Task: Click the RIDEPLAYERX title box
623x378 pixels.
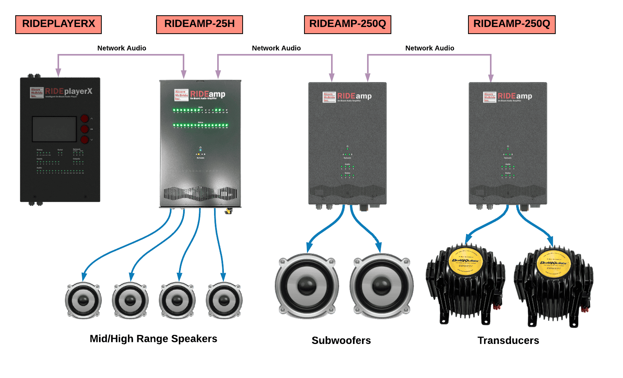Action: [58, 24]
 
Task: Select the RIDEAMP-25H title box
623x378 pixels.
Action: [199, 24]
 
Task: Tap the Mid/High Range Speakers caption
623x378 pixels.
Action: [153, 338]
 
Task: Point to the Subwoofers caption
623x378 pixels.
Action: [341, 340]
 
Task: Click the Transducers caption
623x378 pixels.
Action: [508, 340]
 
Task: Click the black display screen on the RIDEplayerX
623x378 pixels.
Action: [54, 129]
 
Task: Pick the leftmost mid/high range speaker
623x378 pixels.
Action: [83, 301]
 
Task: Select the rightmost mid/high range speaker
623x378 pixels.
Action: [224, 301]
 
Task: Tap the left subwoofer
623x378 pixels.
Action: [307, 286]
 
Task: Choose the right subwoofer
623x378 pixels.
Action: [382, 286]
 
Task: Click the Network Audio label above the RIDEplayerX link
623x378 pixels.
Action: [122, 48]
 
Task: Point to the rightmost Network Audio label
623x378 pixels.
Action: [430, 48]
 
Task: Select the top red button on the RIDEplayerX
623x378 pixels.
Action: [85, 119]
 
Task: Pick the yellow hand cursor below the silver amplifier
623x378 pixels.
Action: [228, 211]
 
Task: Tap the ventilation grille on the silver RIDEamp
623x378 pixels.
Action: [200, 193]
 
